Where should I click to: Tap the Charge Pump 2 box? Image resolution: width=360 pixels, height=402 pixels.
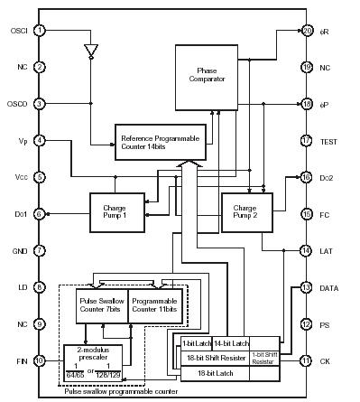(245, 214)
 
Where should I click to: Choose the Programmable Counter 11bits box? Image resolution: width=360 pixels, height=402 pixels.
(154, 304)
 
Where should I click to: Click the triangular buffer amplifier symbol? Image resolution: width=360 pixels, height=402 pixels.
(90, 51)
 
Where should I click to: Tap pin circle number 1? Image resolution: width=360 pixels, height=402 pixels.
(40, 30)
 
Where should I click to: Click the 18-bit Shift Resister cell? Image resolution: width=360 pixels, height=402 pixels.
(214, 358)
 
